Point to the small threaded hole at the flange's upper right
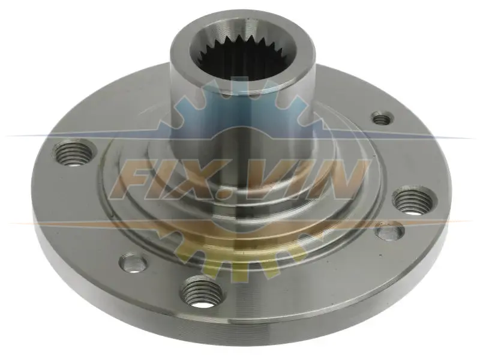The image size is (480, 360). coord(382,118)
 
